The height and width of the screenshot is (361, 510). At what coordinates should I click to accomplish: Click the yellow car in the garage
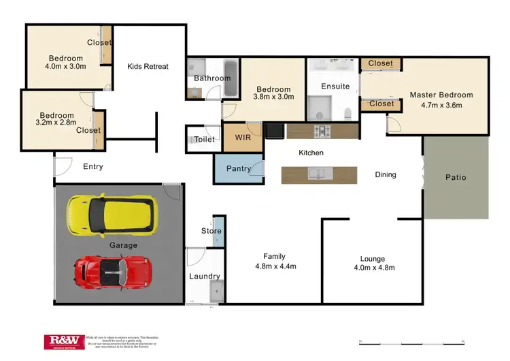click(x=112, y=213)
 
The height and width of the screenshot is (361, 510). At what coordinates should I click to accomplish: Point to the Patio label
click(x=456, y=177)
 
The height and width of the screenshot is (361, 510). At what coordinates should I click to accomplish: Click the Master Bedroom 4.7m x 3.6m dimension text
click(x=441, y=106)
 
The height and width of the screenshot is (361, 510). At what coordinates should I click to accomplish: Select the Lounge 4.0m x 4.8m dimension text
click(x=372, y=268)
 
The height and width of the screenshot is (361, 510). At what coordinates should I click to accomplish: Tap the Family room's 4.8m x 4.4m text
click(x=274, y=266)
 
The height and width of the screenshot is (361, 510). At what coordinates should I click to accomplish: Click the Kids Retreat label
click(x=148, y=66)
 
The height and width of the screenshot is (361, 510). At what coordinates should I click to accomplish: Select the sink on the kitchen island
click(x=319, y=174)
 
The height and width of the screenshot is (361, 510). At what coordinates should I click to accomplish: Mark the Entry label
click(x=93, y=166)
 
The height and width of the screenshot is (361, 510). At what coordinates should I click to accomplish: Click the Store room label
click(x=211, y=231)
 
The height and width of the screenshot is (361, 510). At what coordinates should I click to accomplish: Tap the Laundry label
click(x=205, y=277)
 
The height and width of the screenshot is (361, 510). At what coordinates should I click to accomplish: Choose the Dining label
click(x=386, y=174)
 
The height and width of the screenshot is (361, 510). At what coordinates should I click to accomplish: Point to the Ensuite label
click(x=335, y=87)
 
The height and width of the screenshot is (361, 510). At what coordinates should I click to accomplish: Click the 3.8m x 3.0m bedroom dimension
click(x=273, y=97)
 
